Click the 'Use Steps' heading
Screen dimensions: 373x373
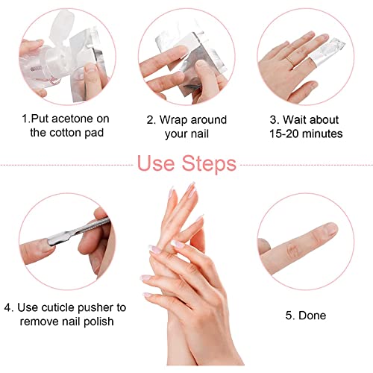pos(186,163)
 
